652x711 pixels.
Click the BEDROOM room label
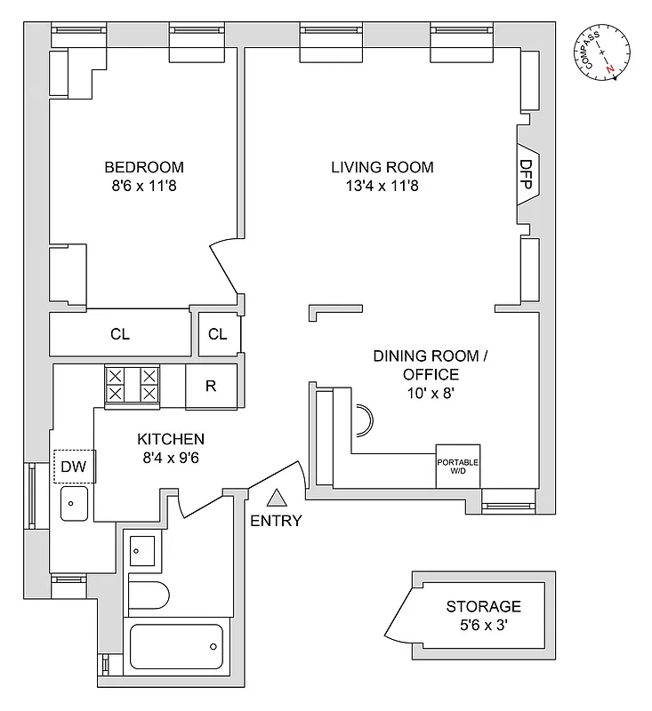(x=144, y=167)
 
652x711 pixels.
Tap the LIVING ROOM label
(x=382, y=167)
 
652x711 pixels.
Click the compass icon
(x=603, y=53)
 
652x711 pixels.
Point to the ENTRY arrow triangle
(x=277, y=499)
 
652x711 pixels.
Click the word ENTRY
(x=277, y=521)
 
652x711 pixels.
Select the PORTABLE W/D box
(x=457, y=466)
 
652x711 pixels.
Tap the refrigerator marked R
(x=211, y=387)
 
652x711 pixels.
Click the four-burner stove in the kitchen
(x=133, y=387)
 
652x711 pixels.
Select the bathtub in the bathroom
(x=176, y=645)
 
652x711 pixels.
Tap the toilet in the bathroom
(x=149, y=593)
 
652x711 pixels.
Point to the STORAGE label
(x=483, y=607)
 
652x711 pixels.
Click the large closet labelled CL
(x=119, y=334)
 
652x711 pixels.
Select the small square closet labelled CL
(x=218, y=334)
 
